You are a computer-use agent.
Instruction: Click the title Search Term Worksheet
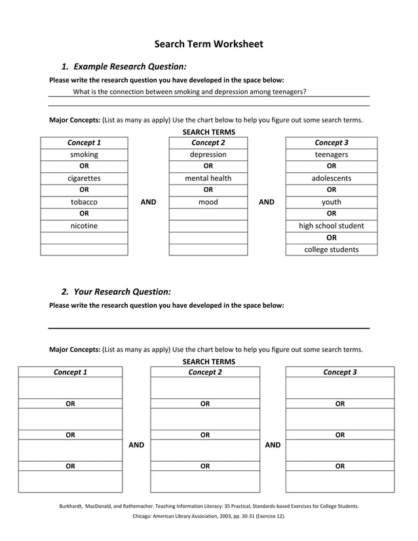208,44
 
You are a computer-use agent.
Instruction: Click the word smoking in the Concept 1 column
84,155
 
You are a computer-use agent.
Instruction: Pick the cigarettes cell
84,178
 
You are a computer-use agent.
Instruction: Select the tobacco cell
84,202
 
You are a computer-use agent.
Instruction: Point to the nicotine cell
84,226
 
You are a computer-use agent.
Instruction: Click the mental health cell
208,178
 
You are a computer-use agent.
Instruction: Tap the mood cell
208,202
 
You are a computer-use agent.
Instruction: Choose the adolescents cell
331,178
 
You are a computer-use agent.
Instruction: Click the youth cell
331,202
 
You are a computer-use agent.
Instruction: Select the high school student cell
331,226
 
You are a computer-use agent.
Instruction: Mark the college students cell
331,250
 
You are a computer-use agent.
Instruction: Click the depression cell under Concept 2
208,155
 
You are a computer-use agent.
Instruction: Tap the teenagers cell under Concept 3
331,155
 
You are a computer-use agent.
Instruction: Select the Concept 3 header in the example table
331,142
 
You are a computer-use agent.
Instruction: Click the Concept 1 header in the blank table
70,372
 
